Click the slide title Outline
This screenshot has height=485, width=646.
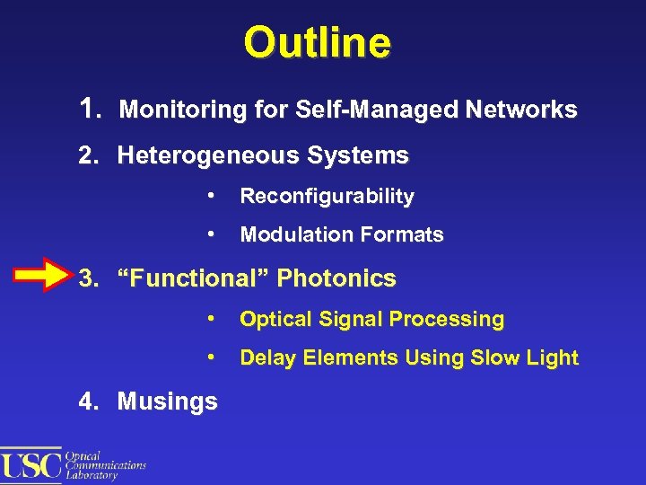click(317, 42)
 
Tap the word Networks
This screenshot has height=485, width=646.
click(522, 110)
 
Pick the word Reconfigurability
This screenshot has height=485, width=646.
click(327, 196)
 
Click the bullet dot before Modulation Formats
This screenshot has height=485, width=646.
click(209, 234)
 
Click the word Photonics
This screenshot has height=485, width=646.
click(336, 278)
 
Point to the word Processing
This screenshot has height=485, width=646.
click(455, 319)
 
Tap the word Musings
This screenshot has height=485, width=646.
click(167, 401)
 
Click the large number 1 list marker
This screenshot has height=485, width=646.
click(86, 110)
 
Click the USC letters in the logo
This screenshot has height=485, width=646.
click(31, 464)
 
